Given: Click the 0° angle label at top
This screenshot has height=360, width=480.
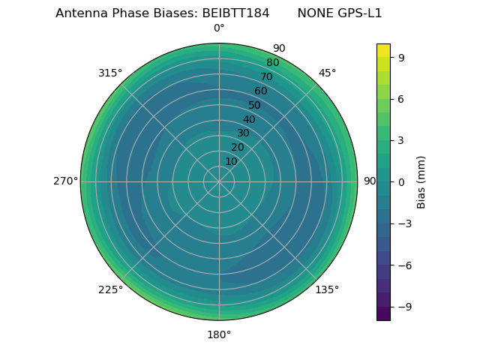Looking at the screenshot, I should tap(219, 28).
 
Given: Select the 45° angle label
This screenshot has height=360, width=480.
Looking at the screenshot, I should tap(327, 73).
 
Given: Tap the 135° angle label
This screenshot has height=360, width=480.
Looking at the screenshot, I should tap(327, 289).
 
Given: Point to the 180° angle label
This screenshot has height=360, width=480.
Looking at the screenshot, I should tap(219, 334).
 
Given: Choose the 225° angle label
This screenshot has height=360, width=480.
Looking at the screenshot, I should tap(110, 289).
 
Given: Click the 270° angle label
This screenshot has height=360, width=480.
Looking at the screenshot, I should tap(65, 181).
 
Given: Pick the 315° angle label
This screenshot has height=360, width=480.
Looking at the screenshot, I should tap(110, 73).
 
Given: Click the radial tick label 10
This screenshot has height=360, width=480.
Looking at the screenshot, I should tap(231, 161).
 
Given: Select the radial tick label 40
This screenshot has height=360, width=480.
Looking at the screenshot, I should tap(249, 119).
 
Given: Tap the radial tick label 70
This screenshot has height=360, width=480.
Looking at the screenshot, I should tap(266, 76).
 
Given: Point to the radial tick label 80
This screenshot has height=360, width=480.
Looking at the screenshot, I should tap(272, 62).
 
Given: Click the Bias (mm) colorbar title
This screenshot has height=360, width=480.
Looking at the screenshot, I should tap(421, 181).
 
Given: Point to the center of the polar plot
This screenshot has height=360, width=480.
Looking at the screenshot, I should tap(219, 181).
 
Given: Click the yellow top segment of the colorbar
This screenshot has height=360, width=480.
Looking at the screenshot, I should tap(383, 50).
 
